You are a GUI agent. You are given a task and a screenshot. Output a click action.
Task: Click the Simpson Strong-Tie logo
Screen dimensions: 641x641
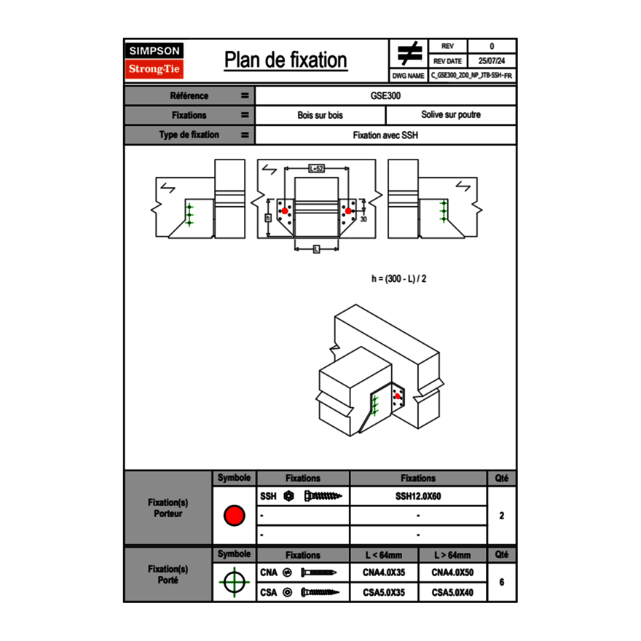(x=154, y=60)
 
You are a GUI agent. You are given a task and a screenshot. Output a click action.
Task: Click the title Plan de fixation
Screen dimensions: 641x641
(x=286, y=60)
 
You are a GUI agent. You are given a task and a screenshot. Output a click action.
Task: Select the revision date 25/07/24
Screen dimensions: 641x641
(x=492, y=61)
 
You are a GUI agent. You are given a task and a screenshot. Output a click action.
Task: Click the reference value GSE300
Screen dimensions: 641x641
(x=385, y=95)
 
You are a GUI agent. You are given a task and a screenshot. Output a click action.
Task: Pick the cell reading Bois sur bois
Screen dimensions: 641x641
(x=320, y=115)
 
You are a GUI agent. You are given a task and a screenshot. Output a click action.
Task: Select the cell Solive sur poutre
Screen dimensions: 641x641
(x=450, y=115)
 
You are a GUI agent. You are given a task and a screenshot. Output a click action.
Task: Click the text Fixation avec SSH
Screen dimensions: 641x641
(x=385, y=135)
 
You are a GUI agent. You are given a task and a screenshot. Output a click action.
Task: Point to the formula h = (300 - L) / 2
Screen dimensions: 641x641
(x=398, y=278)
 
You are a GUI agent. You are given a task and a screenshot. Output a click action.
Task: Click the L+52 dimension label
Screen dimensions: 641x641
(x=316, y=168)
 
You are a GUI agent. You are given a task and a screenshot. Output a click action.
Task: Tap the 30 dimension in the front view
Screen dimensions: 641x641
(x=363, y=219)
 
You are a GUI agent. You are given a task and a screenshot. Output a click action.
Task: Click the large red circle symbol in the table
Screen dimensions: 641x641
(x=234, y=516)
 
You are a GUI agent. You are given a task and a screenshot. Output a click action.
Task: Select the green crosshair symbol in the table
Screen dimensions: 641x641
(x=234, y=582)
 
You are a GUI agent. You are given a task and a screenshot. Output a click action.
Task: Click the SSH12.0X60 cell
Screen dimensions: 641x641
(x=418, y=497)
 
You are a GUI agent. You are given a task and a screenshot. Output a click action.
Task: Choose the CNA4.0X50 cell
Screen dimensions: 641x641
(x=452, y=573)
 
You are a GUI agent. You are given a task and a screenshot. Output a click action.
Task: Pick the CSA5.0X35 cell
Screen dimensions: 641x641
(x=384, y=593)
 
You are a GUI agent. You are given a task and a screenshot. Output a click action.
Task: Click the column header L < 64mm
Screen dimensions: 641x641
(x=384, y=555)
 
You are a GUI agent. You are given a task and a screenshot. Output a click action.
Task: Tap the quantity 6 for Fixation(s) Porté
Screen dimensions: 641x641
(x=501, y=583)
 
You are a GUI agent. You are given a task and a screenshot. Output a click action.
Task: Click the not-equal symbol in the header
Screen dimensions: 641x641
(x=409, y=54)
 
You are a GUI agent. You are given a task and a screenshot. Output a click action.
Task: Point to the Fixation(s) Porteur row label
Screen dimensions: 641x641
(x=168, y=508)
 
